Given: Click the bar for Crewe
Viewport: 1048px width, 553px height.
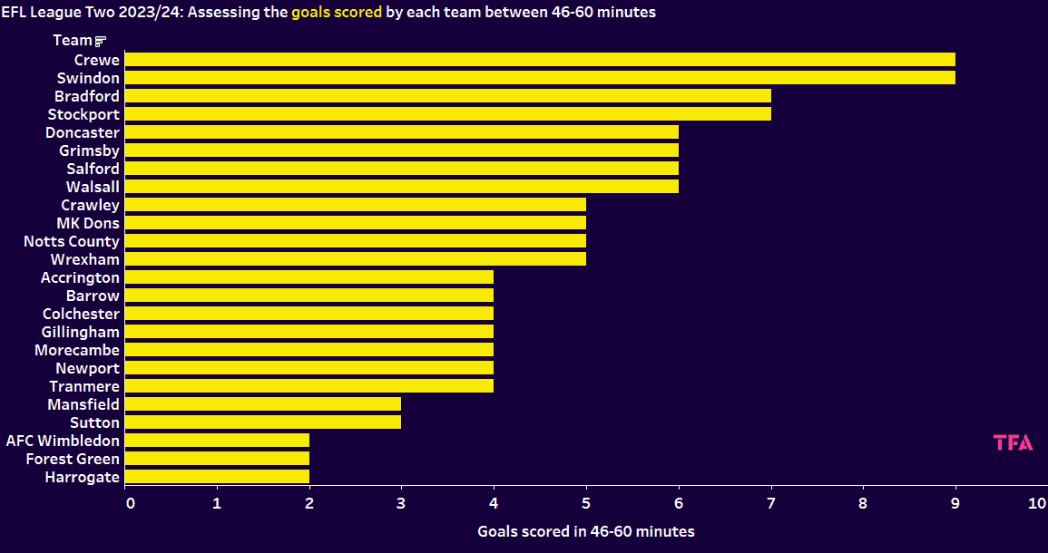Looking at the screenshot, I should (x=539, y=60).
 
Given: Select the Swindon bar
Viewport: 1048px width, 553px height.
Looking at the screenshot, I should (x=539, y=78).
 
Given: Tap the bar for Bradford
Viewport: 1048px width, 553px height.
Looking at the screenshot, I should (x=447, y=96).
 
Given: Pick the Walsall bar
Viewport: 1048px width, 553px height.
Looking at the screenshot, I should (x=401, y=187).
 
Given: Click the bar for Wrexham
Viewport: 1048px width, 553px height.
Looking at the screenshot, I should (x=355, y=259).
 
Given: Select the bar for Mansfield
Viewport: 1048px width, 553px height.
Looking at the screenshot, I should (x=262, y=404).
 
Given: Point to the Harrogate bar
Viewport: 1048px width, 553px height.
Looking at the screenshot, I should (x=216, y=477).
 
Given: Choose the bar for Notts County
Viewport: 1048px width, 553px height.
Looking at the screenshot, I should (x=355, y=241).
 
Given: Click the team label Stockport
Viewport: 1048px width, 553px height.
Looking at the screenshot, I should (x=83, y=114).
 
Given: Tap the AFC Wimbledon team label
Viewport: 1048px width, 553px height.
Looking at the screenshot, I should (x=63, y=441).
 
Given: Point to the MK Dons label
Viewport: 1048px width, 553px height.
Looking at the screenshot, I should (x=88, y=223).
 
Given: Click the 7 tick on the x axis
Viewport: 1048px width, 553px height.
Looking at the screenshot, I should (x=771, y=503).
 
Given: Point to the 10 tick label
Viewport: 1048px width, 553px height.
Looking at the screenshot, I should (x=1037, y=503).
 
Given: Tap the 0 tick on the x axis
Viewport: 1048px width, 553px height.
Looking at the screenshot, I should (x=131, y=503).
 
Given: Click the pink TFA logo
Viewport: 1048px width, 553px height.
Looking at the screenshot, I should (x=1013, y=442).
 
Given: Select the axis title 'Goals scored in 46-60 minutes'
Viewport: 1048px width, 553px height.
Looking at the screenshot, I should (x=586, y=531).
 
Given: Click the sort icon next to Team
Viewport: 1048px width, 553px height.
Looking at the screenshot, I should (x=101, y=41).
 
